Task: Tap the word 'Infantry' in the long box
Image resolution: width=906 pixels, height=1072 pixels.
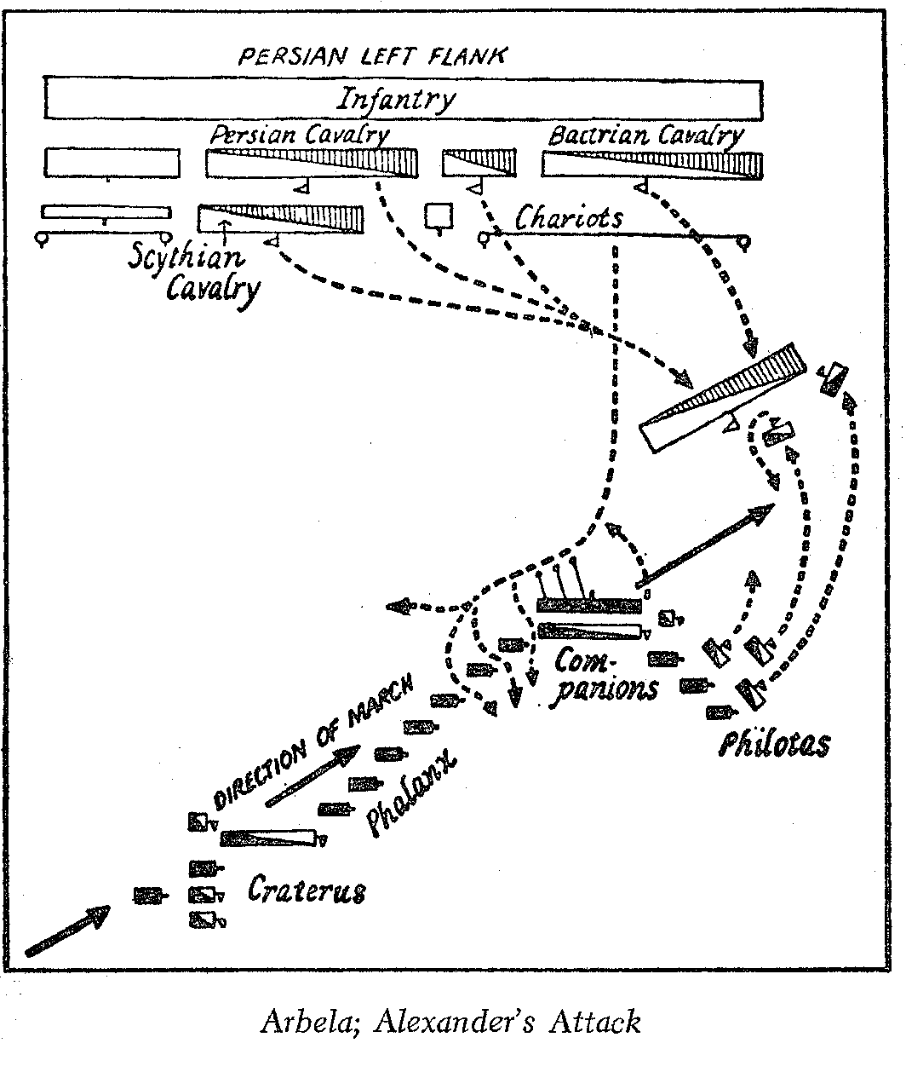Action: pyautogui.click(x=396, y=100)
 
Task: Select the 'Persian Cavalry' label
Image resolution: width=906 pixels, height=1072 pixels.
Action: pyautogui.click(x=300, y=135)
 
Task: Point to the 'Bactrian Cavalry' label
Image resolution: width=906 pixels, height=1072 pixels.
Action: pyautogui.click(x=645, y=135)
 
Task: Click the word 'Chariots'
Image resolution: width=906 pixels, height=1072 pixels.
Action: pyautogui.click(x=569, y=218)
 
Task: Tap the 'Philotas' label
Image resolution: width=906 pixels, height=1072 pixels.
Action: pyautogui.click(x=773, y=744)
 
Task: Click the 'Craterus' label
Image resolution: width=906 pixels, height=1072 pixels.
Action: pyautogui.click(x=307, y=890)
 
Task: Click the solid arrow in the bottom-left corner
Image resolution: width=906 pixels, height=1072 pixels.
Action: pyautogui.click(x=68, y=931)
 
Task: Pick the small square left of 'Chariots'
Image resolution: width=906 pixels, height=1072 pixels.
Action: pyautogui.click(x=439, y=216)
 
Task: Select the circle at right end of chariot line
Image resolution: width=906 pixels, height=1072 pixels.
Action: pyautogui.click(x=746, y=243)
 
